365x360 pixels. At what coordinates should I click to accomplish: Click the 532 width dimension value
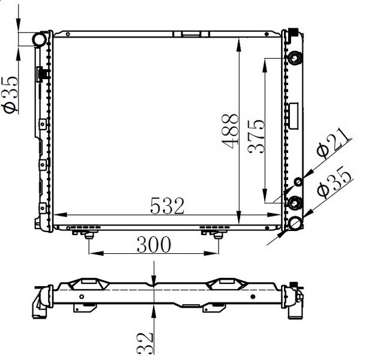[x=167, y=206]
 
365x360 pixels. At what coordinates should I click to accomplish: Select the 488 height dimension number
[x=230, y=131]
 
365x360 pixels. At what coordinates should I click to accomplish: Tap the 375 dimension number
[x=256, y=137]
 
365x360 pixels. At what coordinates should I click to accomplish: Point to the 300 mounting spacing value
[x=154, y=245]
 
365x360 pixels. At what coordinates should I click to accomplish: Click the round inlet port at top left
[x=39, y=40]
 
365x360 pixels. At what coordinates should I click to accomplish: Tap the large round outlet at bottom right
[x=295, y=223]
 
